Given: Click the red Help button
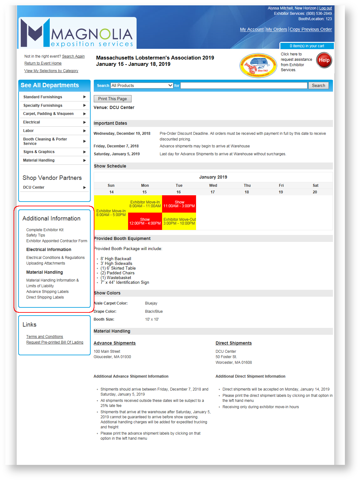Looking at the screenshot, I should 324,60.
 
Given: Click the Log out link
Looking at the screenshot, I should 325,8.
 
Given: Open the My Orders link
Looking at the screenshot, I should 277,29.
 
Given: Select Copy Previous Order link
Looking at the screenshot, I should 311,29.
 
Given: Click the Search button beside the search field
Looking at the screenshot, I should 318,85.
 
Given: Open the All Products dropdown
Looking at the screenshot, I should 142,85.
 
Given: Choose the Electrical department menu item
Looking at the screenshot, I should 31,122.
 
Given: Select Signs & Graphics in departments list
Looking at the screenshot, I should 39,152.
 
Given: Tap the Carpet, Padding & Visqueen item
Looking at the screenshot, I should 48,114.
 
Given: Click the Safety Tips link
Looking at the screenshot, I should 36,235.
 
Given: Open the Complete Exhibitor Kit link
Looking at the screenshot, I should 45,230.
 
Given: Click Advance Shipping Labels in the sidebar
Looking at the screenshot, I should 47,292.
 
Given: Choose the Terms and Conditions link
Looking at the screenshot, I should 44,337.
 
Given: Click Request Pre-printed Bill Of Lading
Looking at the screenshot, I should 55,342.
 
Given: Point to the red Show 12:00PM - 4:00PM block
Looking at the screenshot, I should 145,221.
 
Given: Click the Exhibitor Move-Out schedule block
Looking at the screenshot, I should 179,221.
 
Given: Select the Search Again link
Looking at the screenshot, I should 73,56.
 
